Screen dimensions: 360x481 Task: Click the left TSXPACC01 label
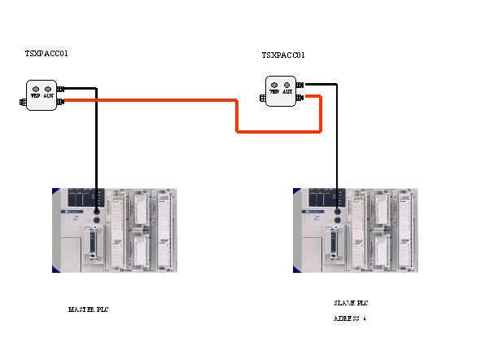46,54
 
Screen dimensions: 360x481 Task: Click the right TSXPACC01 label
283,55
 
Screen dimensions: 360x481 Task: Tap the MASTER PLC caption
88,310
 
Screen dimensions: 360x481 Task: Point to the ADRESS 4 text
349,318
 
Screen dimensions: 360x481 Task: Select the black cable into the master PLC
97,147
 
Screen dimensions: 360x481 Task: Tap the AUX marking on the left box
49,95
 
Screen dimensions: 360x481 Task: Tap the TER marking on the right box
274,92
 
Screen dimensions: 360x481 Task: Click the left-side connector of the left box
22,103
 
